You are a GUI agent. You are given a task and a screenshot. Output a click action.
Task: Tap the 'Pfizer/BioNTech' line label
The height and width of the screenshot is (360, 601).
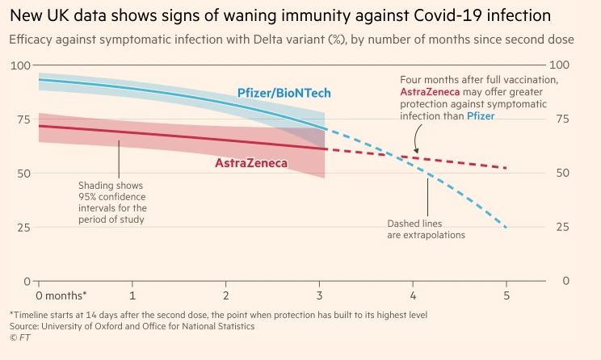tap(284, 94)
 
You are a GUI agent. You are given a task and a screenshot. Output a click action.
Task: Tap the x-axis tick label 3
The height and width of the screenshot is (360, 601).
tap(320, 286)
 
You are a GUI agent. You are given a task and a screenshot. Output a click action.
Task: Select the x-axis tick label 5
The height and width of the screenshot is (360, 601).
tap(507, 286)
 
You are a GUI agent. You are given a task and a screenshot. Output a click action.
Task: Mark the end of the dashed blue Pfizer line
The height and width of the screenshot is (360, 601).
tap(506, 228)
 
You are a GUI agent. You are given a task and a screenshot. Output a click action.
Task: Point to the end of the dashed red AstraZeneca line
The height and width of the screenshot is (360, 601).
tap(506, 168)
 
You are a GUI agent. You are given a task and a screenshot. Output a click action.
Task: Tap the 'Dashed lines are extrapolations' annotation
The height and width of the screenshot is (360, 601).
tap(427, 228)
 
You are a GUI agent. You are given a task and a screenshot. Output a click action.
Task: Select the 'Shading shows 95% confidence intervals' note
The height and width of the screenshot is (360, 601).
tap(111, 201)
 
